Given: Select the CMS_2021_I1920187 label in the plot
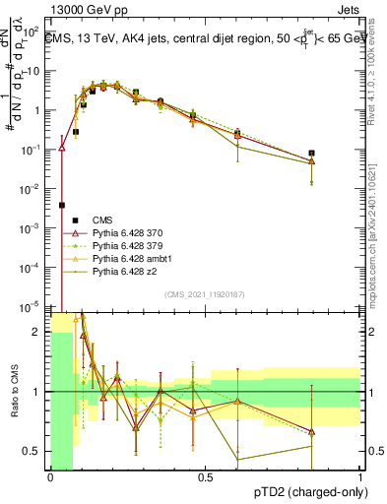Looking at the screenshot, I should click(x=205, y=294).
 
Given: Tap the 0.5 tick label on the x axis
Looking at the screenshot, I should click(x=205, y=478).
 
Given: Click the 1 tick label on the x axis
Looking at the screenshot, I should click(x=360, y=478).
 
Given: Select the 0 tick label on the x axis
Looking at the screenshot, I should click(x=50, y=478).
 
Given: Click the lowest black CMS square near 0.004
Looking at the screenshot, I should click(x=62, y=205).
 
